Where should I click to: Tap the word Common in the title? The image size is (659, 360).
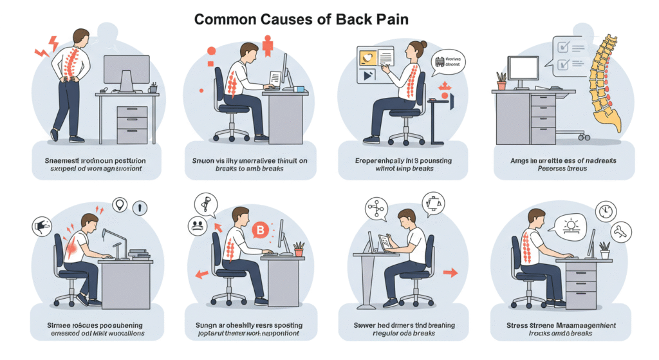coord(225,19)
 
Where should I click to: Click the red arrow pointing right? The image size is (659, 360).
coord(450,273)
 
